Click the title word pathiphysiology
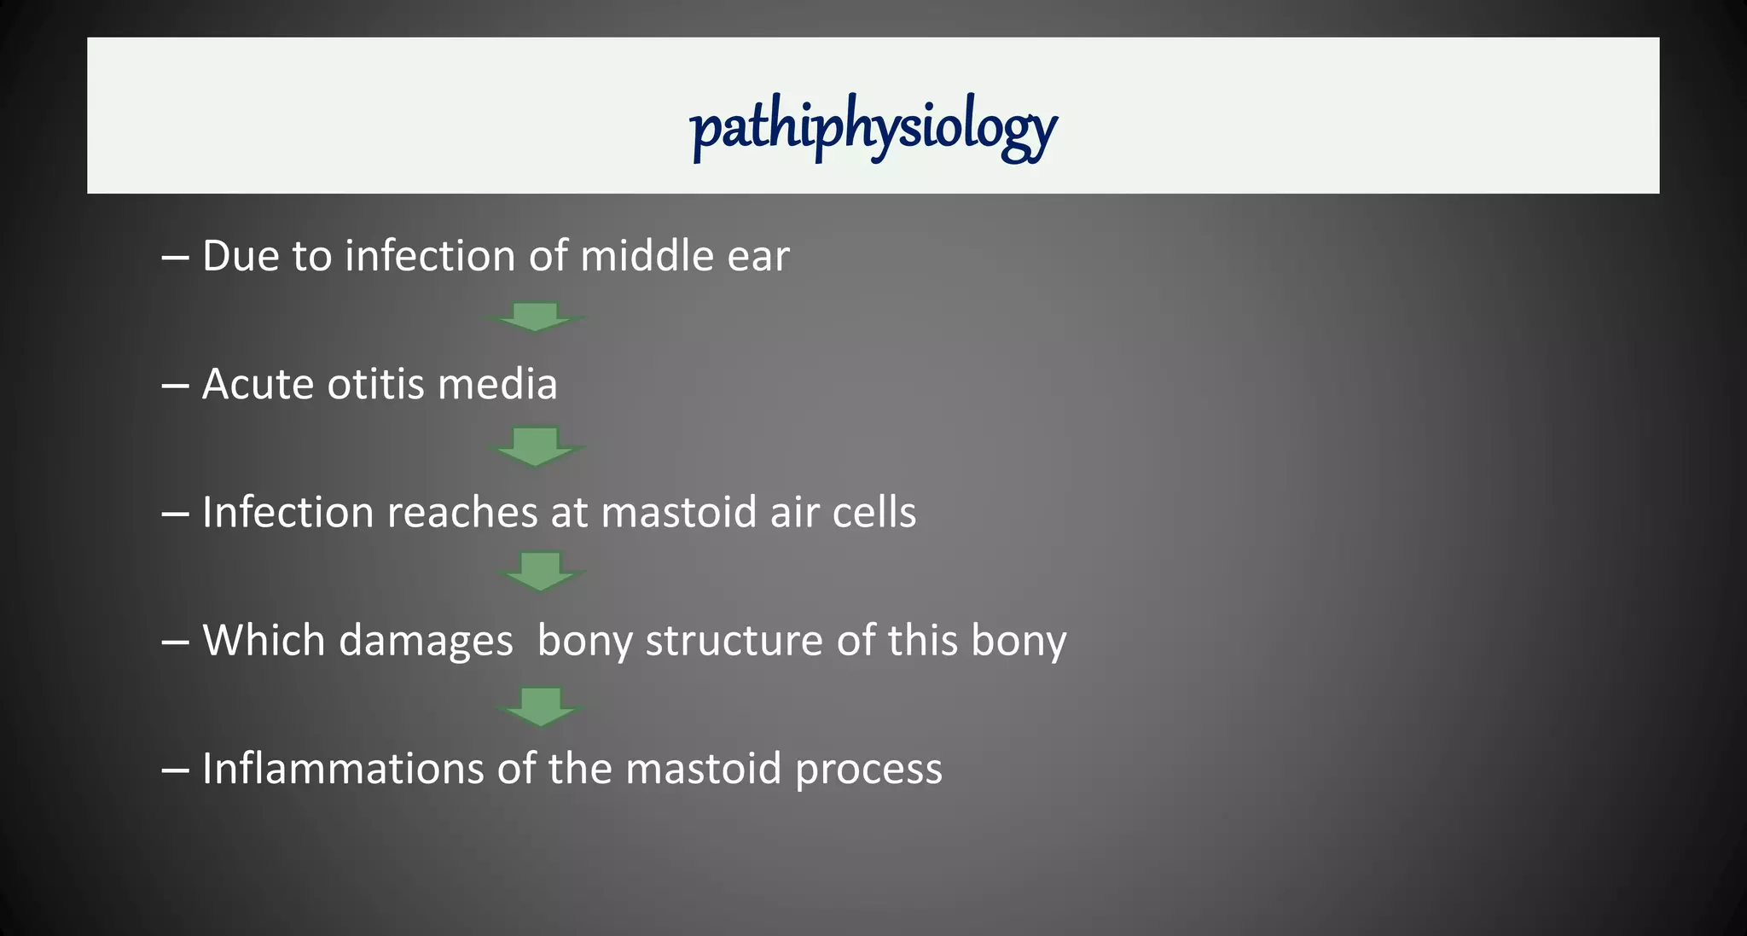pyautogui.click(x=873, y=128)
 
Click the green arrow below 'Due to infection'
pyautogui.click(x=536, y=317)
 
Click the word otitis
pyautogui.click(x=376, y=384)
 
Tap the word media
pyautogui.click(x=497, y=384)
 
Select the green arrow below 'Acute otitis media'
pyautogui.click(x=536, y=446)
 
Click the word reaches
pyautogui.click(x=461, y=513)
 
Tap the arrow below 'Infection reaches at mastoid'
pyautogui.click(x=541, y=571)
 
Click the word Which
pyautogui.click(x=264, y=640)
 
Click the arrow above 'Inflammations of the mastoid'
pyautogui.click(x=541, y=706)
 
